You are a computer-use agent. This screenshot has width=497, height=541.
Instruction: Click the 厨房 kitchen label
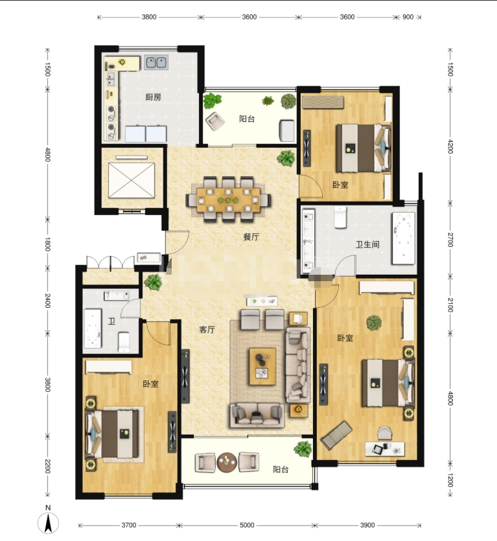(x=153, y=97)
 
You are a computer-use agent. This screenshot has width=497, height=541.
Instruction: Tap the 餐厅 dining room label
(x=251, y=236)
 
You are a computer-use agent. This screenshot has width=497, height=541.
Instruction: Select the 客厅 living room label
(x=207, y=330)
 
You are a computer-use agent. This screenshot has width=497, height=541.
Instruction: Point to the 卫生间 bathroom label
(x=367, y=245)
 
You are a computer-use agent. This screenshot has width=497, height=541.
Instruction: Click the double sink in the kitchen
(x=156, y=62)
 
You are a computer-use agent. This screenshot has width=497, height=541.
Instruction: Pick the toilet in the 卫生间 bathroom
(x=340, y=216)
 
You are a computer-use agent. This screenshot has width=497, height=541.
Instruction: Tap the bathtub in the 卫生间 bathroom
(x=403, y=238)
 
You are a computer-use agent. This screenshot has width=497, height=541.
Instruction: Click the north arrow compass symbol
(x=49, y=522)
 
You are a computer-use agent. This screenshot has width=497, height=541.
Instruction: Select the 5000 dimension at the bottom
(x=247, y=525)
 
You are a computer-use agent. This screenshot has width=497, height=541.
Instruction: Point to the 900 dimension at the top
(x=408, y=17)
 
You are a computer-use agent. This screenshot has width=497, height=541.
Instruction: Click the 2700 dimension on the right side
(x=450, y=240)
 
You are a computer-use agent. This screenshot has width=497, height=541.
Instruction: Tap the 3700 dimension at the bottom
(x=129, y=525)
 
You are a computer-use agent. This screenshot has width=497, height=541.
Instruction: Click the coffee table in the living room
(x=262, y=367)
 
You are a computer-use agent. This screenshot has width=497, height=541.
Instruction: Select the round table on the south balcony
(x=227, y=462)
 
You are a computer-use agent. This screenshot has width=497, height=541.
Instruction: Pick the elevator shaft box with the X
(x=132, y=180)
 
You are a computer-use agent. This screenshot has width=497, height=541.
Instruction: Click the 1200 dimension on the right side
(x=450, y=480)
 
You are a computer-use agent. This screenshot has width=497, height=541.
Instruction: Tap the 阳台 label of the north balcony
(x=247, y=119)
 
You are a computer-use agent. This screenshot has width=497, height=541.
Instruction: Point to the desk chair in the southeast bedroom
(x=384, y=433)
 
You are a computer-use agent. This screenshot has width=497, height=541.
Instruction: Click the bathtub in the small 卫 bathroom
(x=93, y=328)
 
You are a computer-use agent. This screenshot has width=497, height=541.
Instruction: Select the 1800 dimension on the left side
(x=48, y=244)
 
